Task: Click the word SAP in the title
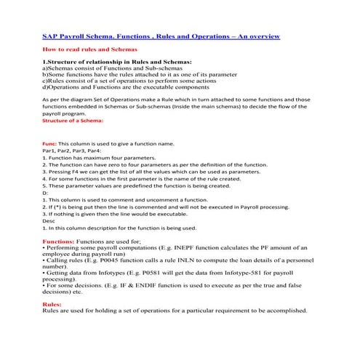pos(49,35)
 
